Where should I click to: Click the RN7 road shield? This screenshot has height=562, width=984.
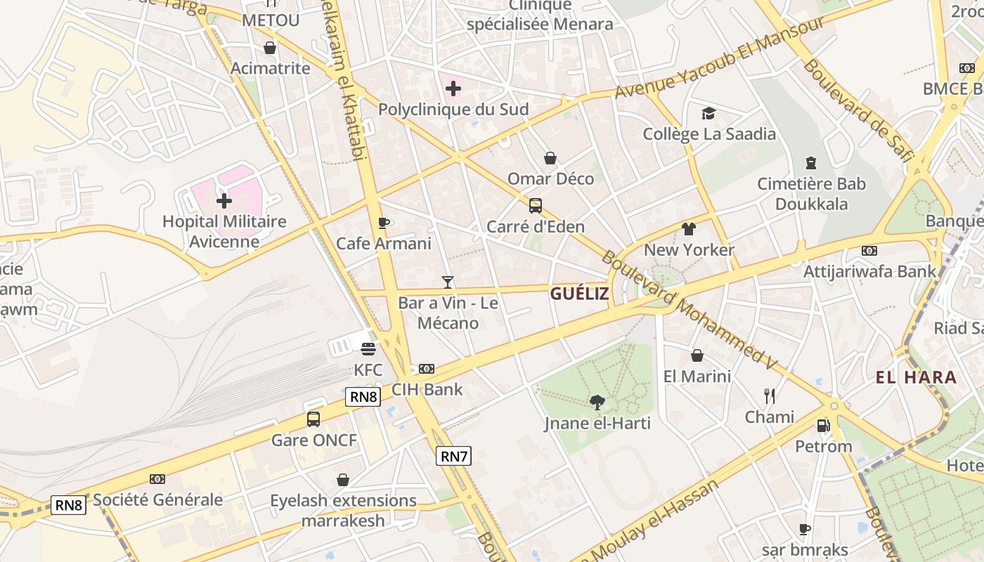(x=453, y=456)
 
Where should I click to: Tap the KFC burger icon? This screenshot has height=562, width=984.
(x=368, y=348)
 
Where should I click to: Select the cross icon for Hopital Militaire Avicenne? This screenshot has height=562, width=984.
(x=224, y=202)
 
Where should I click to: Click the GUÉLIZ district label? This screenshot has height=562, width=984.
(x=579, y=294)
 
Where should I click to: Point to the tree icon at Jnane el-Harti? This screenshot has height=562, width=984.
(x=597, y=403)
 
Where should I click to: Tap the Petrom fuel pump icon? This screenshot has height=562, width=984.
(x=823, y=426)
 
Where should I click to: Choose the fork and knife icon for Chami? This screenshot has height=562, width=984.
(x=770, y=396)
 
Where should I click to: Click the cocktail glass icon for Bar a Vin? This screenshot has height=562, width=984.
(x=448, y=282)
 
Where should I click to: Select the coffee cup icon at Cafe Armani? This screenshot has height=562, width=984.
(x=383, y=223)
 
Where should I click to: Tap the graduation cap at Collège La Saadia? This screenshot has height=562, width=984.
(x=708, y=113)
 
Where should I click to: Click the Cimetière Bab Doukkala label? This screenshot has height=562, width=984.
(x=811, y=194)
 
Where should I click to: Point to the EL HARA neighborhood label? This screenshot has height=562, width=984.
(x=916, y=377)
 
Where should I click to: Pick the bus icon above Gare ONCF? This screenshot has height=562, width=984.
(x=313, y=419)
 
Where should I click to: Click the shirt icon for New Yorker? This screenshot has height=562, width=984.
(x=688, y=229)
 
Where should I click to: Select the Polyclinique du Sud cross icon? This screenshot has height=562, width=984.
(x=453, y=89)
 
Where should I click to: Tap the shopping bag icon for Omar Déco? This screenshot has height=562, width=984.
(x=550, y=158)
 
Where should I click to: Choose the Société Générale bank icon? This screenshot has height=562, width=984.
(x=157, y=479)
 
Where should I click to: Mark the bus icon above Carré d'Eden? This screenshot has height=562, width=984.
(x=536, y=206)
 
